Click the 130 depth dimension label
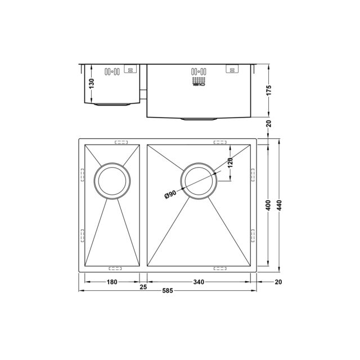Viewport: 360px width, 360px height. click(92, 84)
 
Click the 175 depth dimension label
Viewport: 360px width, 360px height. click(269, 90)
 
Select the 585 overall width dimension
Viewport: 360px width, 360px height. click(168, 291)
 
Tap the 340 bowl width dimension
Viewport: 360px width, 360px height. click(199, 282)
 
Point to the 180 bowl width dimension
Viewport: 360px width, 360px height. click(112, 282)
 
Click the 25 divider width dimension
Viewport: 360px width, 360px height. click(143, 287)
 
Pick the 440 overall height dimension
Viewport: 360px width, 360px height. click(279, 205)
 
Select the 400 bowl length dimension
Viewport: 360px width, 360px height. click(268, 205)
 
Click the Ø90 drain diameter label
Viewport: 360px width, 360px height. click(170, 195)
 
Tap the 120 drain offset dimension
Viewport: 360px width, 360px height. click(231, 163)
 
